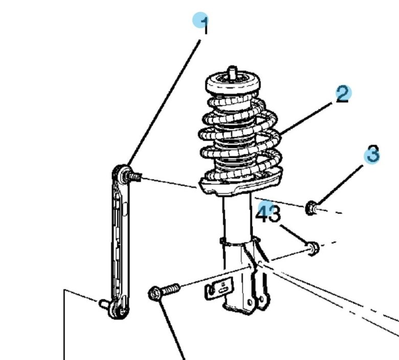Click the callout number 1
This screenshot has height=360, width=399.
pos(204,25)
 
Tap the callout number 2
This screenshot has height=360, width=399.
pos(343,95)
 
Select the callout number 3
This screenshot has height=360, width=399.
pos(373,154)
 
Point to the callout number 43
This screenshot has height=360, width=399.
pos(268,214)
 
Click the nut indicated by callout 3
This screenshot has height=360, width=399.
pos(311,208)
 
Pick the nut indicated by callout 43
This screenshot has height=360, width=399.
pos(313,248)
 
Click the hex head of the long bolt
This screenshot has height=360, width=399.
pos(154,293)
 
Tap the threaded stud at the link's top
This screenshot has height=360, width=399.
pos(135,176)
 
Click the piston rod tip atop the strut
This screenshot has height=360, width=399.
pos(232,71)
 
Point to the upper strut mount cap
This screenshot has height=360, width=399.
pos(233,83)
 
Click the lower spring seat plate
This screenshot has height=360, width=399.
pos(240,185)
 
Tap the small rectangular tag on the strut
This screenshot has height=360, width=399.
pos(219,288)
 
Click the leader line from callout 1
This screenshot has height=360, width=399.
pos(164,102)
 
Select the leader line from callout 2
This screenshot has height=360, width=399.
pos(306,118)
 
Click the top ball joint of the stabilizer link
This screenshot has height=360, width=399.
pos(121,173)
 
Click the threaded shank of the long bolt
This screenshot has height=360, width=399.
pos(170,289)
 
